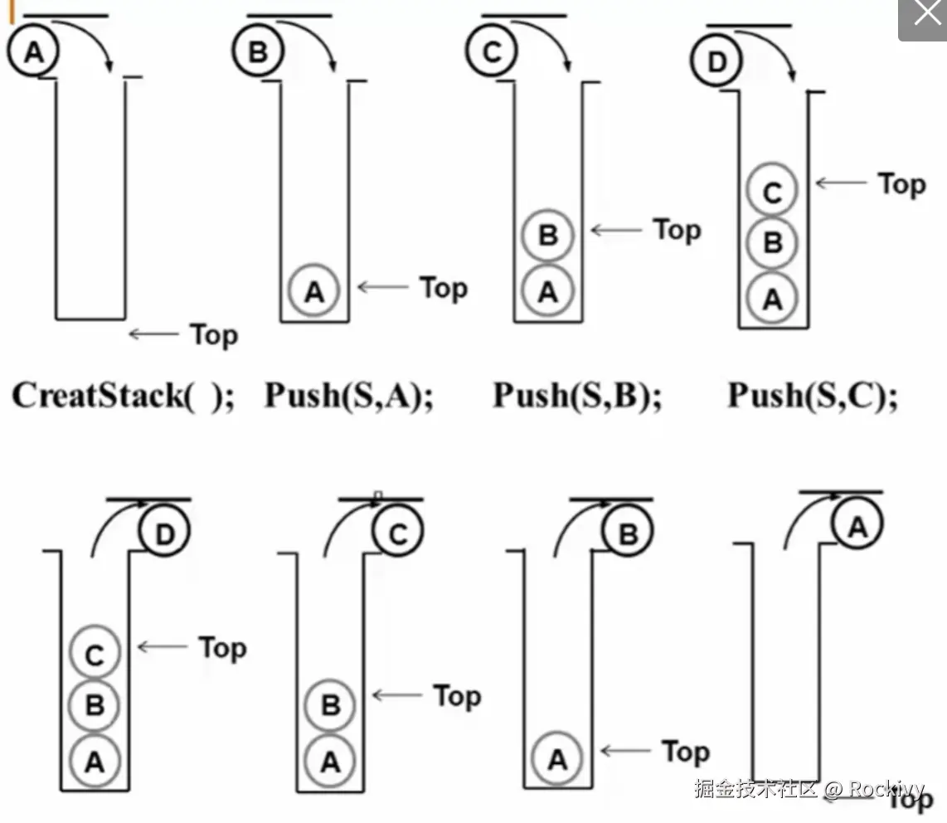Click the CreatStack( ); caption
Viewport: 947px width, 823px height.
[124, 394]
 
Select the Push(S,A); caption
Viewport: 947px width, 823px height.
[349, 394]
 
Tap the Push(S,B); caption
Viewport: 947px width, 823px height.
[578, 394]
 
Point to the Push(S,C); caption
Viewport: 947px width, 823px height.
[813, 394]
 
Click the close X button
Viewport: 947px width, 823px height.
[923, 17]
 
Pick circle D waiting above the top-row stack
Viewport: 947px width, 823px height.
[717, 62]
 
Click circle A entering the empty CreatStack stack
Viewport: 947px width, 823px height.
[32, 52]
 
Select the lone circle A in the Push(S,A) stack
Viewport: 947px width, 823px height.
[314, 291]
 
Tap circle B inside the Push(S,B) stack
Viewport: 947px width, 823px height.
[547, 236]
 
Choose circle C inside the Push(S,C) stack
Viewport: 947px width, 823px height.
[772, 192]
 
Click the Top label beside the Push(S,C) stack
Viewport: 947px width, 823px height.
[901, 183]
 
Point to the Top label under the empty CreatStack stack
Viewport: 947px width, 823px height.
[214, 334]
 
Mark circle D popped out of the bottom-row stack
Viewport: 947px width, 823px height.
[165, 535]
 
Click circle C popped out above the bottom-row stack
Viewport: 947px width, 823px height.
[398, 535]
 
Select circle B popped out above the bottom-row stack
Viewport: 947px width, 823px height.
[628, 535]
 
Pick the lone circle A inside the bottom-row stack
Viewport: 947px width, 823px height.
[557, 758]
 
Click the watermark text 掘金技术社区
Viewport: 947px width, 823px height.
[756, 788]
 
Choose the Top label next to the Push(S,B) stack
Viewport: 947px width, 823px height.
[677, 230]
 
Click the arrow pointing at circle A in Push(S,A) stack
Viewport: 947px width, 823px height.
[383, 287]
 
